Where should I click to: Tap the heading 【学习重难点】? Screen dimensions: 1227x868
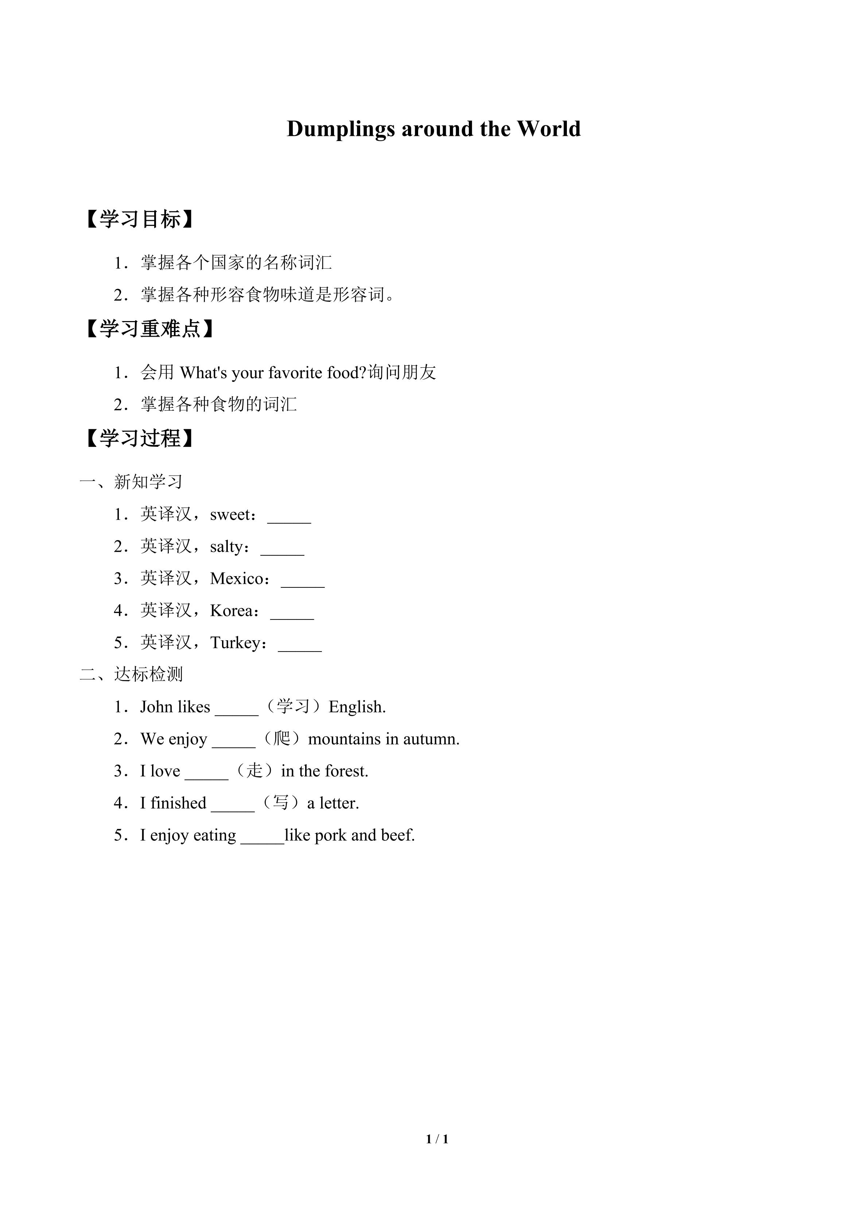150,329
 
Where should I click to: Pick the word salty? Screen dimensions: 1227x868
227,547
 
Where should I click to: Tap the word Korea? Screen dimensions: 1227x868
231,611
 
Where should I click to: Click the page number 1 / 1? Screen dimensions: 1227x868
437,1139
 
